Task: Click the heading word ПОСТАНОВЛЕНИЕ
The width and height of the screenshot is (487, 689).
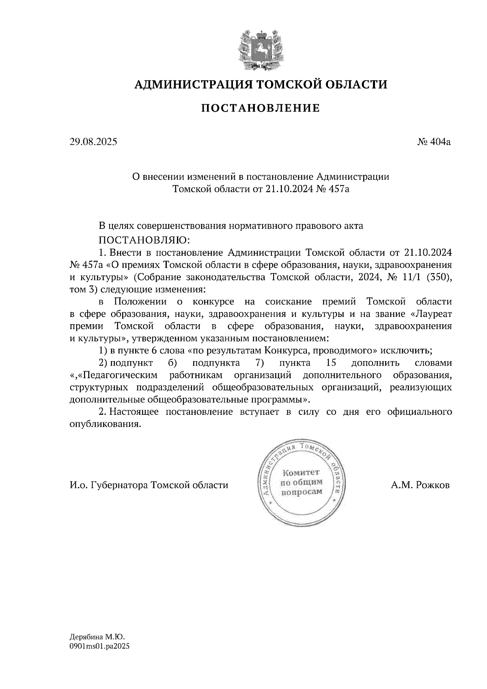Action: (261, 108)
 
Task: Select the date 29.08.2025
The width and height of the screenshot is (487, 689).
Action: (93, 142)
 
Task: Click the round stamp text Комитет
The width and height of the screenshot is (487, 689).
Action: (301, 473)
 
